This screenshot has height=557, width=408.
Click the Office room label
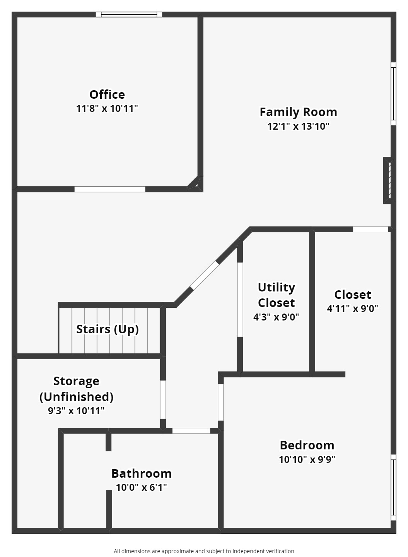(107, 94)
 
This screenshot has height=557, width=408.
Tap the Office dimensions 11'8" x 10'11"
(107, 108)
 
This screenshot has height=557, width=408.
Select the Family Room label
(298, 112)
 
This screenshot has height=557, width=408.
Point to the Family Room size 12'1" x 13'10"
(298, 126)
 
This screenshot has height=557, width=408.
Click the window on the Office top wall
(129, 15)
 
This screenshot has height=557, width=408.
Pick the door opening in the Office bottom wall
(110, 189)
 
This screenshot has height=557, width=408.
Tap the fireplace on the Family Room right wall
(389, 180)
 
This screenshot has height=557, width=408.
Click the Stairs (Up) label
(108, 329)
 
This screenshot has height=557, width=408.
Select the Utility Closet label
(276, 295)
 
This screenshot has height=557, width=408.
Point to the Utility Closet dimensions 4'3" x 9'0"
(276, 317)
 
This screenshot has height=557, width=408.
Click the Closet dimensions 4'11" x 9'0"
(352, 308)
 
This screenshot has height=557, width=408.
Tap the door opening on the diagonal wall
(205, 276)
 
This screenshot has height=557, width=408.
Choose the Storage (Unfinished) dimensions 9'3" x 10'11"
(76, 411)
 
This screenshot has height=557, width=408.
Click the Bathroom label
(141, 473)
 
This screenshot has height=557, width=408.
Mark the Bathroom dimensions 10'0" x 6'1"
(141, 487)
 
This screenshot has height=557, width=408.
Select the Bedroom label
(307, 445)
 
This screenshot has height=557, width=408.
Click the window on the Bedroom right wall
(393, 487)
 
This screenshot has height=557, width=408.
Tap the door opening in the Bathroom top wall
(191, 431)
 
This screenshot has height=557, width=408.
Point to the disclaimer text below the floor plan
(204, 551)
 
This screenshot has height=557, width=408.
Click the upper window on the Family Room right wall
(393, 94)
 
